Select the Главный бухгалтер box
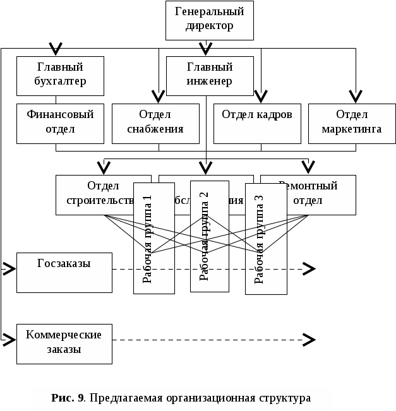pyautogui.click(x=59, y=74)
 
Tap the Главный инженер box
pyautogui.click(x=209, y=74)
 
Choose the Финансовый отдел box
pyautogui.click(x=60, y=122)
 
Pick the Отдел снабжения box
pyautogui.click(x=155, y=122)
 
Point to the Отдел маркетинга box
pyautogui.click(x=352, y=122)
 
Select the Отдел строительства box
pyautogui.click(x=95, y=194)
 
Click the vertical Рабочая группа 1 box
pyautogui.click(x=153, y=238)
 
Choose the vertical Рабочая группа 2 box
pyautogui.click(x=209, y=236)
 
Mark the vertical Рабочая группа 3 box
pyautogui.click(x=265, y=239)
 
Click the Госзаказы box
pyautogui.click(x=64, y=272)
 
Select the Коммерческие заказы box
pyautogui.click(x=64, y=343)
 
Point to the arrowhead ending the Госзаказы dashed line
pyautogui.click(x=308, y=270)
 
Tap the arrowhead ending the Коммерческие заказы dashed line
pyautogui.click(x=308, y=340)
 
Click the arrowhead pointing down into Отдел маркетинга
pyautogui.click(x=356, y=97)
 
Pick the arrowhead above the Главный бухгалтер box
pyautogui.click(x=56, y=49)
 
